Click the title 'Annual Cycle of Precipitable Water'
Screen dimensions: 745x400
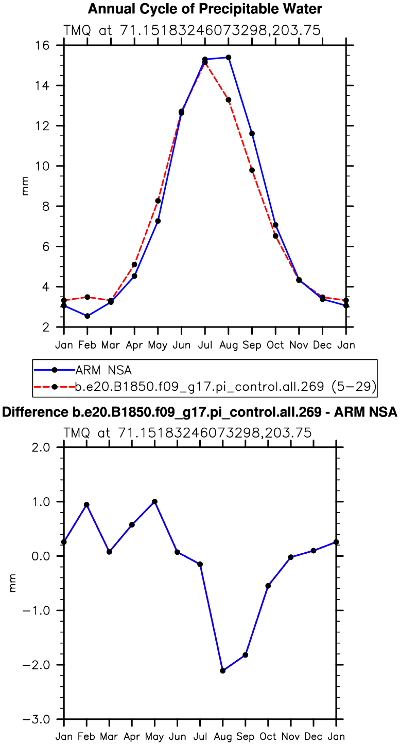pyautogui.click(x=205, y=9)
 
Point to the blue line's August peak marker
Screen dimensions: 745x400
pyautogui.click(x=228, y=58)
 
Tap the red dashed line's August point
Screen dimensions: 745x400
pyautogui.click(x=228, y=100)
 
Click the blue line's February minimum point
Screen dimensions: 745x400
pyautogui.click(x=88, y=316)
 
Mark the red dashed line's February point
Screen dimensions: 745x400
pyautogui.click(x=88, y=297)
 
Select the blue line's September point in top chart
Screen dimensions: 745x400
pyautogui.click(x=252, y=134)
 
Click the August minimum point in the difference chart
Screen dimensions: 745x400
pyautogui.click(x=222, y=670)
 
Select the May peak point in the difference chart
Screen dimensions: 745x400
pyautogui.click(x=154, y=501)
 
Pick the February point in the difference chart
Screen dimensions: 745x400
pyautogui.click(x=86, y=505)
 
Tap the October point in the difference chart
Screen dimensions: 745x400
pyautogui.click(x=268, y=586)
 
